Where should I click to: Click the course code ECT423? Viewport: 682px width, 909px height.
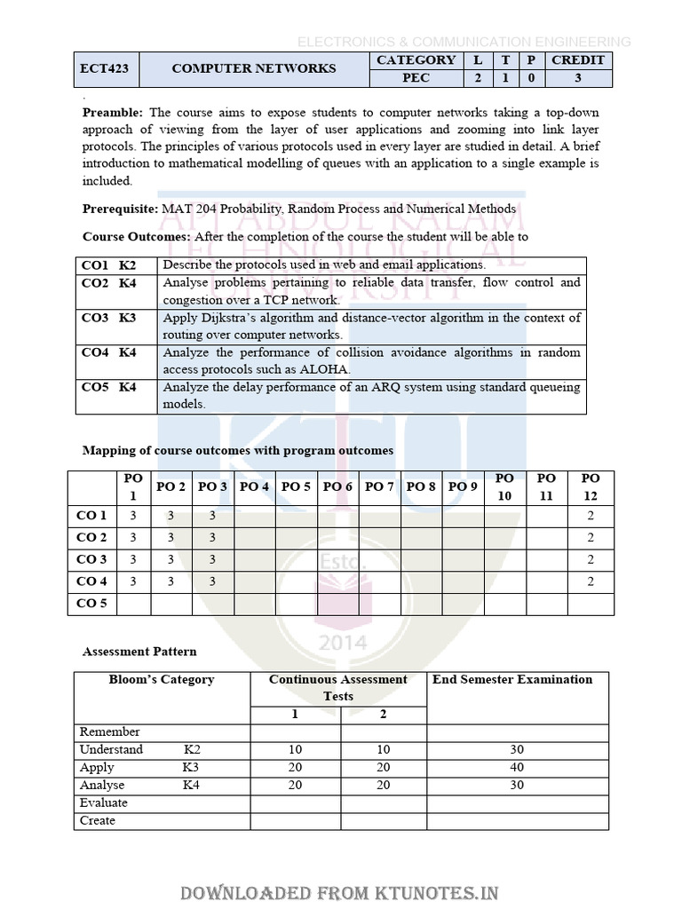(106, 69)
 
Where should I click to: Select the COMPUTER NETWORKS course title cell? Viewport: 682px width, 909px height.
(253, 69)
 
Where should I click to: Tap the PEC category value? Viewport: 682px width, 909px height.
(416, 78)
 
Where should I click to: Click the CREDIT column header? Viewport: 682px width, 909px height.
(577, 60)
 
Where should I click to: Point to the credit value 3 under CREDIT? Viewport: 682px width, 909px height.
(577, 78)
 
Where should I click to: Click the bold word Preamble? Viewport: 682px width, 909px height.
(113, 113)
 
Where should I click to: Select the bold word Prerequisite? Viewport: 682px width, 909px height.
(120, 209)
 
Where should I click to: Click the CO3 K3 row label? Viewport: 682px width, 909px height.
(108, 318)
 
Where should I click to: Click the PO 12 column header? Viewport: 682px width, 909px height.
(591, 486)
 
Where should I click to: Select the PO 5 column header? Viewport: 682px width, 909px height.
(296, 486)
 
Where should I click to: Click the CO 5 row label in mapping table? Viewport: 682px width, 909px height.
(91, 604)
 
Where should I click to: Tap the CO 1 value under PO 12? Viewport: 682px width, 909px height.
(591, 516)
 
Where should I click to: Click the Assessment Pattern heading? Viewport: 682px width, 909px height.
(139, 652)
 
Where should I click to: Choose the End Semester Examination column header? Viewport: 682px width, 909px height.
(512, 680)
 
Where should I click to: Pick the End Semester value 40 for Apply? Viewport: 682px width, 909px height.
(517, 767)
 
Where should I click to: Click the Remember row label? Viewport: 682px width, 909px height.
(110, 732)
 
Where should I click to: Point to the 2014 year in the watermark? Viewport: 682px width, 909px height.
(340, 641)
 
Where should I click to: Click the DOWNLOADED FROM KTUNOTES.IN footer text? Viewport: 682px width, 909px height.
(340, 893)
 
